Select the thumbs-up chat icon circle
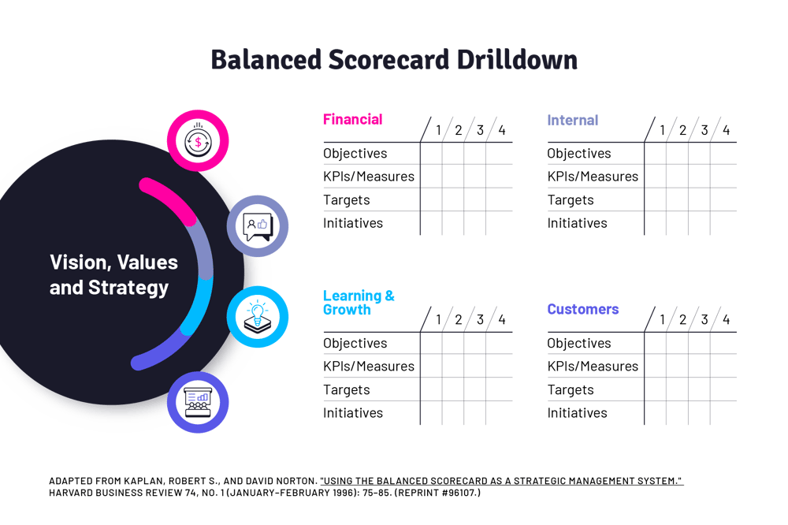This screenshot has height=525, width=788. click(258, 226)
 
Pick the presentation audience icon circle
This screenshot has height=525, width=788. click(198, 402)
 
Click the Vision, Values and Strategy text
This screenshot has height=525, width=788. click(113, 274)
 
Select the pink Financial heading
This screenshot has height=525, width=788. click(352, 120)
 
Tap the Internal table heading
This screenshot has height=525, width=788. click(572, 121)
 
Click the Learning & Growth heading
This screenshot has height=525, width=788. click(359, 303)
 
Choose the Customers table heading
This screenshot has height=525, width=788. click(583, 310)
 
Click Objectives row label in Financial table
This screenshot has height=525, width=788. click(355, 154)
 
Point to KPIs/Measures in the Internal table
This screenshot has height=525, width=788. click(593, 177)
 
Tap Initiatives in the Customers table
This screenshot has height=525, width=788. click(577, 413)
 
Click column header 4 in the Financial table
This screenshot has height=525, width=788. click(501, 130)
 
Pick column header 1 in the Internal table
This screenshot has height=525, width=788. click(662, 130)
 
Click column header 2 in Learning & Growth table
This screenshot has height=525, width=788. click(458, 320)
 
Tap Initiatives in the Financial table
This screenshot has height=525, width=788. click(352, 223)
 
